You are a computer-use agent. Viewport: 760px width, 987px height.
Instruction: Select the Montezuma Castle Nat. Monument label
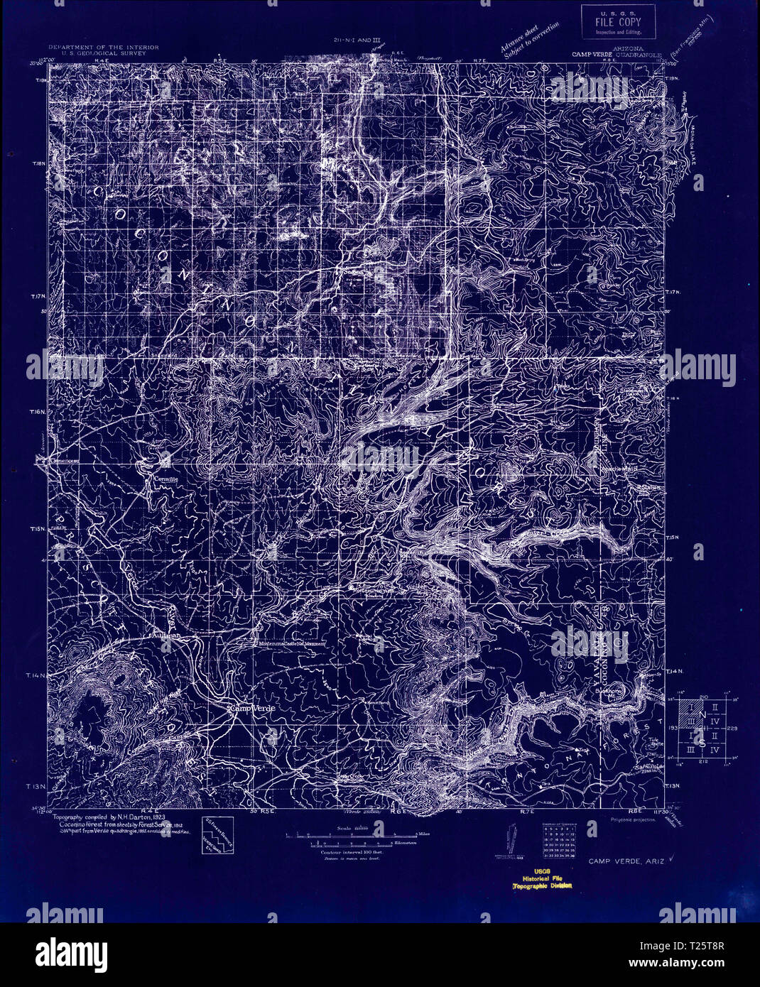click(x=292, y=643)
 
